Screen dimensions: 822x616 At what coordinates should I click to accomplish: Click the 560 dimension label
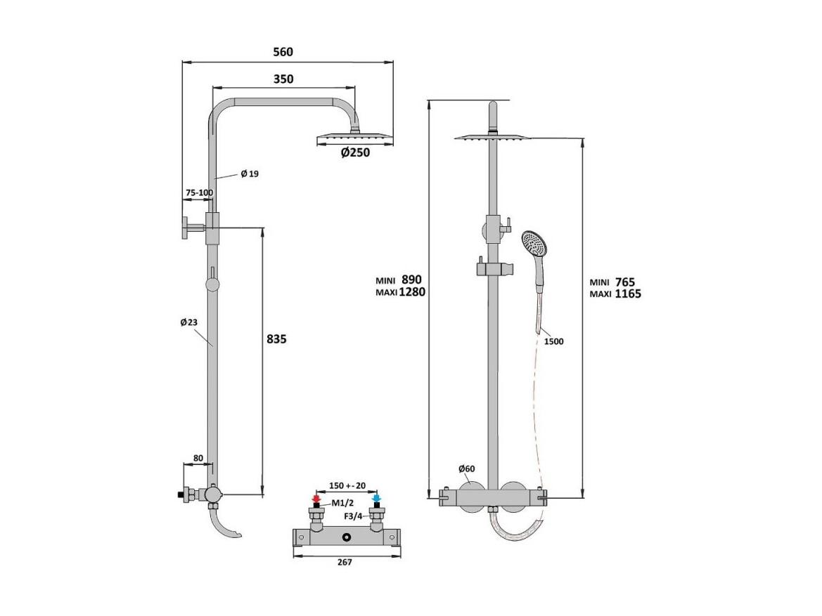[283, 52]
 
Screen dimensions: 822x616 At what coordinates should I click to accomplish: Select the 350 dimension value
[283, 79]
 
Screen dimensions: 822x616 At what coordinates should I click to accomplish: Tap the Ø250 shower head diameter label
[355, 152]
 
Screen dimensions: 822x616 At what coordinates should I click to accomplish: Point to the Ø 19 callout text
[250, 174]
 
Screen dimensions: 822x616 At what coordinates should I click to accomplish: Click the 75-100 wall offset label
[199, 192]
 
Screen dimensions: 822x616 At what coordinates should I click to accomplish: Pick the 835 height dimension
[276, 339]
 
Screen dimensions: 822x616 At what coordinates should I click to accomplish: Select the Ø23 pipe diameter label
[188, 322]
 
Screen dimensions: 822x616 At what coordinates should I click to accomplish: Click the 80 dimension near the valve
[198, 459]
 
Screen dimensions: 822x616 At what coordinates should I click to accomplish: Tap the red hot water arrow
[316, 499]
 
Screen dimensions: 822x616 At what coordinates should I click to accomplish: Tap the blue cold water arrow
[376, 499]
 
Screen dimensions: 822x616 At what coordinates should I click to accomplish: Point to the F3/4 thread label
[353, 516]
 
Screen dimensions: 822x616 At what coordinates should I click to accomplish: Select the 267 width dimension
[345, 562]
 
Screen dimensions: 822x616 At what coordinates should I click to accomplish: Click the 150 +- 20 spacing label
[347, 485]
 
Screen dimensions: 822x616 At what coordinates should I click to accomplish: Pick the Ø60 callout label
[466, 468]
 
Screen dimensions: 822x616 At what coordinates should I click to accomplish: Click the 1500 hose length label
[553, 341]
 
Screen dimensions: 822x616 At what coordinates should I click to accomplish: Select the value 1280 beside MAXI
[412, 292]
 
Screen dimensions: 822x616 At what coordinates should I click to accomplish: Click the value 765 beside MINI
[625, 282]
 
